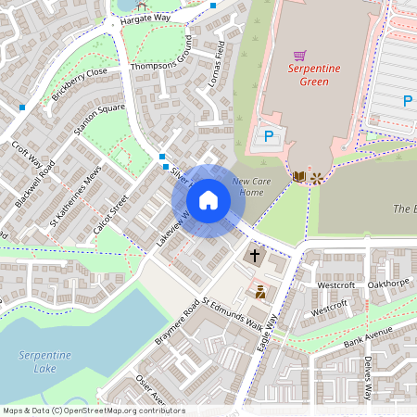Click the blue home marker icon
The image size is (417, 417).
pos(208,200)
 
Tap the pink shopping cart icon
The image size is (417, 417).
pos(299,56)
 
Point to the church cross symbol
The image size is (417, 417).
pos(256,254)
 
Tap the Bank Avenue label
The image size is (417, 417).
pos(368,340)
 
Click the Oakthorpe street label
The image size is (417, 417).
pos(387,284)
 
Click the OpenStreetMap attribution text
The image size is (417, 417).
pos(94,411)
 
